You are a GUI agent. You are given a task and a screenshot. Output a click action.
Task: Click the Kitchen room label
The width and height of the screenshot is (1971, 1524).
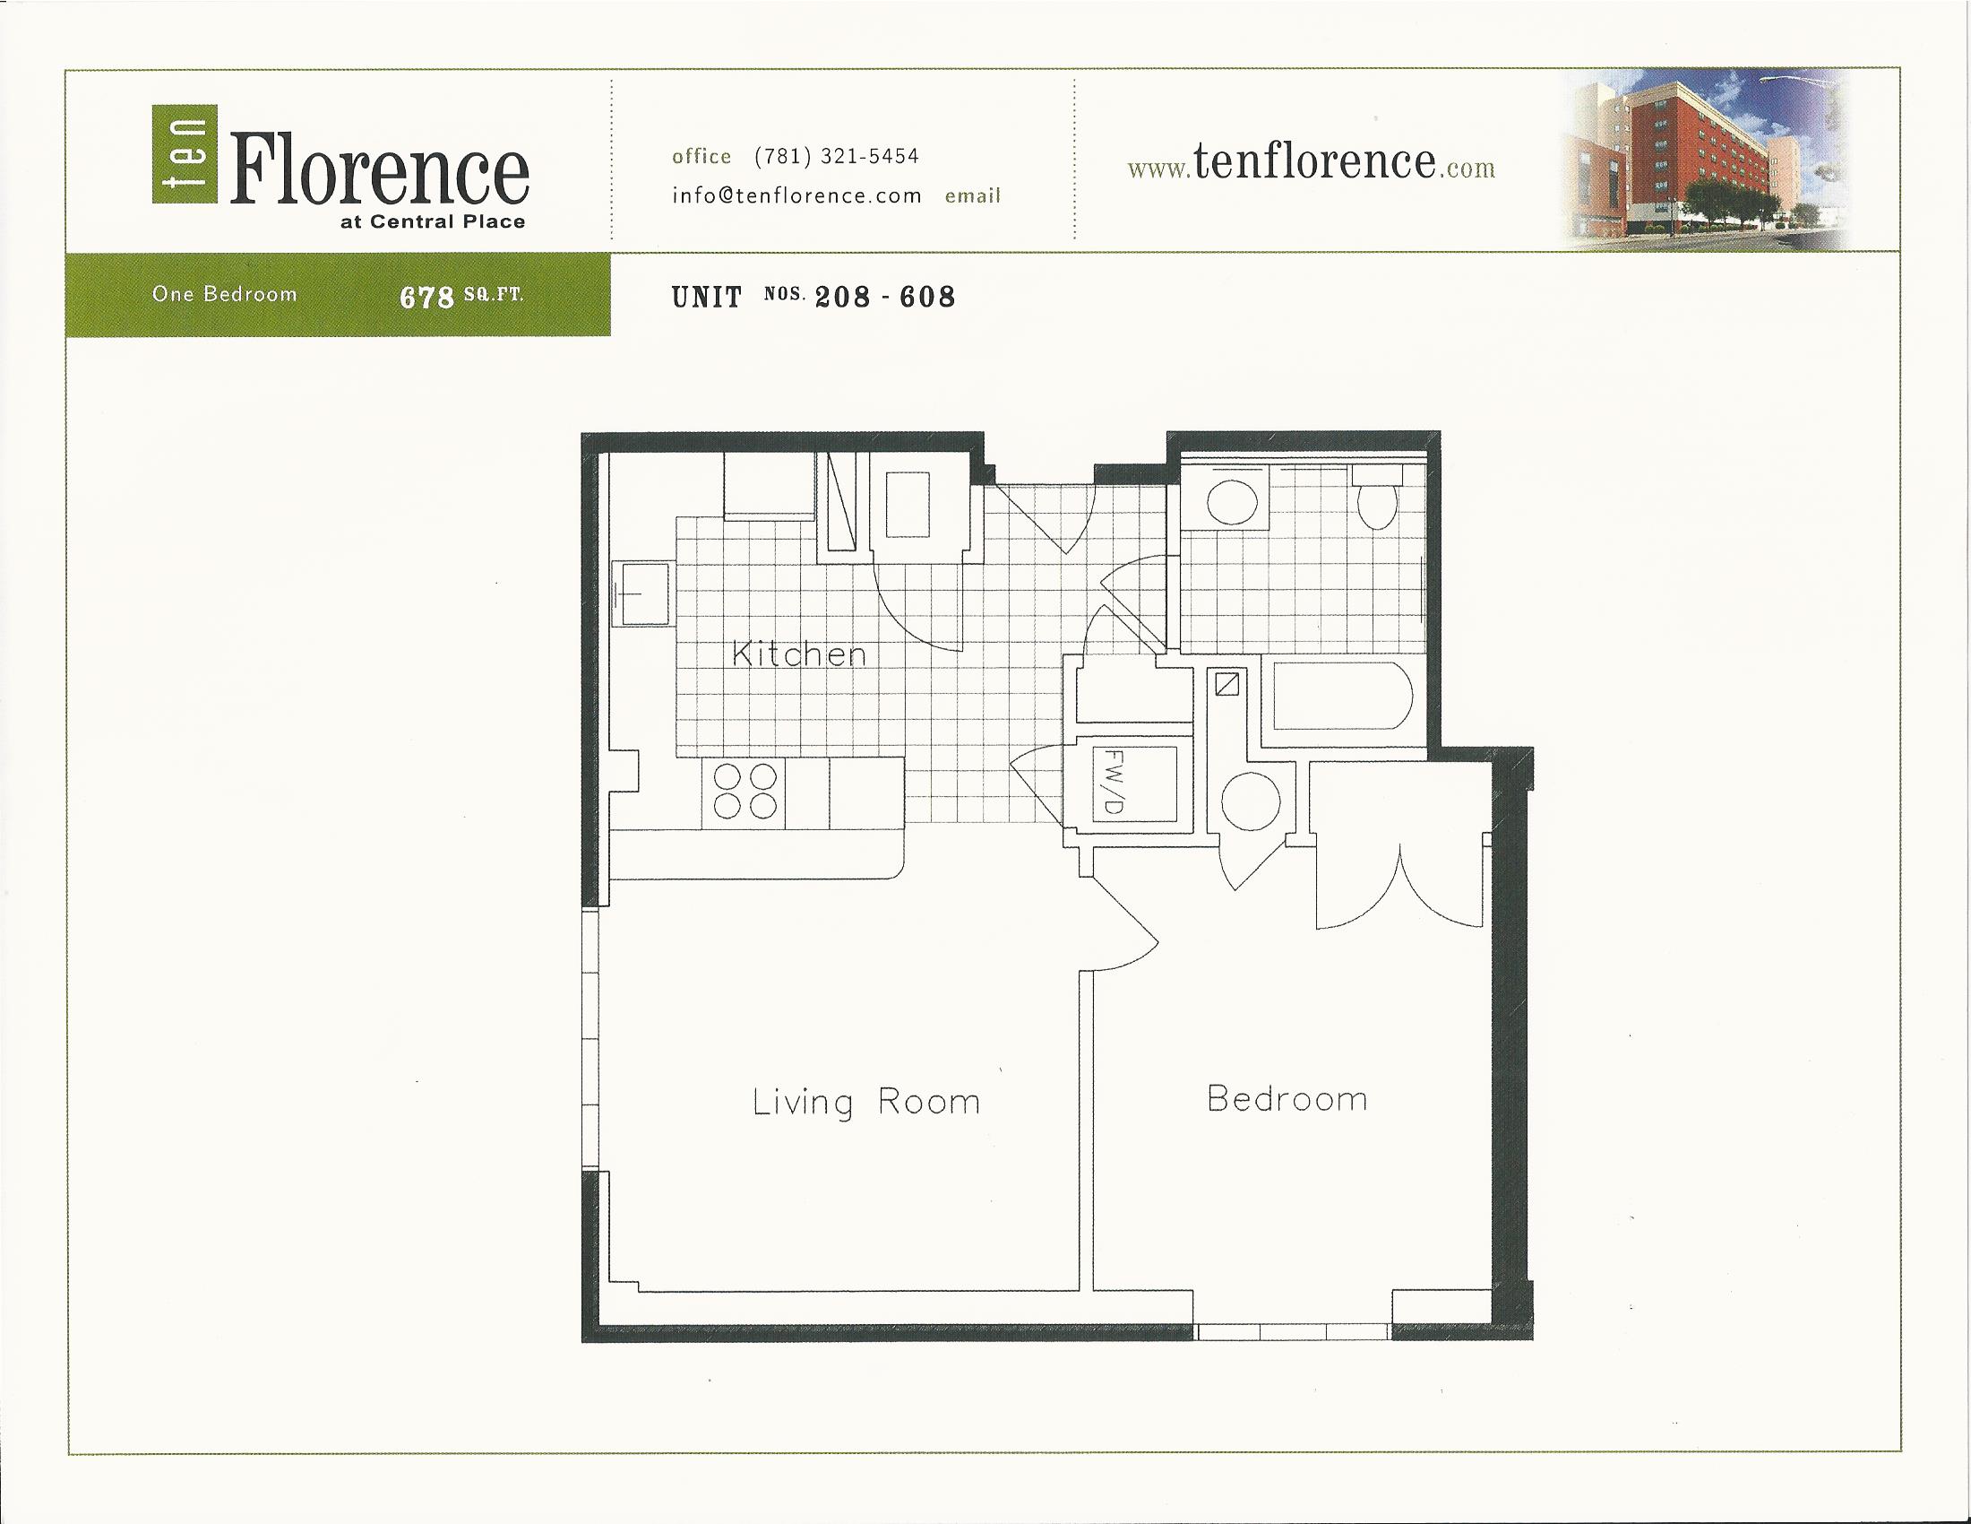(798, 654)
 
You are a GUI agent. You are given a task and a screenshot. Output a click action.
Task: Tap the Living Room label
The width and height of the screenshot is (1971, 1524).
(865, 1103)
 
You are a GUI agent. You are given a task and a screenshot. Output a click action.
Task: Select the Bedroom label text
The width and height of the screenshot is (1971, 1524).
(1287, 1099)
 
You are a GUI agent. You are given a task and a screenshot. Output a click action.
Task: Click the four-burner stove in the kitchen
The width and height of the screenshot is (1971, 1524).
(745, 792)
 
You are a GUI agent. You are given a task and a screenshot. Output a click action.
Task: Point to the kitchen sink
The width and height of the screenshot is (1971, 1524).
(641, 593)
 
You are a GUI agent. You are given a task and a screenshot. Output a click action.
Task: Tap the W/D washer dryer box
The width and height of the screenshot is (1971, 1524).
(1133, 783)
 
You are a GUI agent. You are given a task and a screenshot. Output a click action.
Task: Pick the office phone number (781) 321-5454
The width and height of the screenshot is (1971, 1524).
(836, 156)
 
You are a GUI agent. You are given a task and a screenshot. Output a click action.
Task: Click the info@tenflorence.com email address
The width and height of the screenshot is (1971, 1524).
(796, 196)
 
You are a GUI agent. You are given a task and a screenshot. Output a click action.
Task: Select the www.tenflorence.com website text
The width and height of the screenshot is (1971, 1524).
(1311, 163)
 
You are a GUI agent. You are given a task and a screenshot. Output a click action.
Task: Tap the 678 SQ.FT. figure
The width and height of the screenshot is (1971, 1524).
(461, 296)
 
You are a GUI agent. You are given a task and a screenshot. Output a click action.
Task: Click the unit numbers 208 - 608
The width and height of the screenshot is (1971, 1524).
(884, 297)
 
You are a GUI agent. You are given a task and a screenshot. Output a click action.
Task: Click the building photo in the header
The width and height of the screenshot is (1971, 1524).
(1706, 160)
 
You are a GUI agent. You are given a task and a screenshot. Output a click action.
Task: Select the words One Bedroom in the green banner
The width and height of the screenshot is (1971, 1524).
(224, 294)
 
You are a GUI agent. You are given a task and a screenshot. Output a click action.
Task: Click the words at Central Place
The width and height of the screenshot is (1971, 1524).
(433, 222)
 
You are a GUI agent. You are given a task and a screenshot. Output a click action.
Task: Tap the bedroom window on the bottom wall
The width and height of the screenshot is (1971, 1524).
(1291, 1331)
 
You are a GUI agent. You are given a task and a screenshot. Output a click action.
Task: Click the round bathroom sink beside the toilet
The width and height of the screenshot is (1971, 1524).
(1232, 502)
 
